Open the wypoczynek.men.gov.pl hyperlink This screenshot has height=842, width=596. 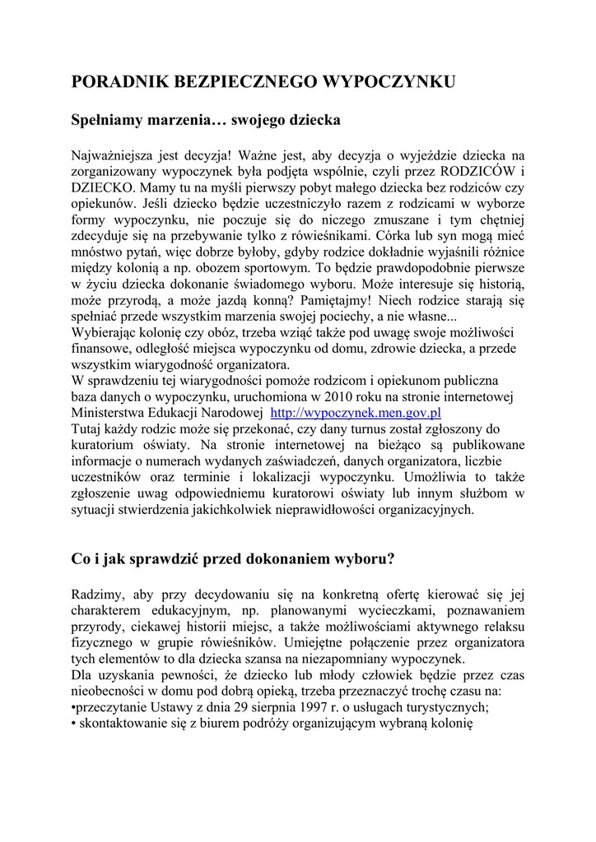(356, 413)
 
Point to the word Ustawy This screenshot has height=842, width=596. (164, 707)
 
